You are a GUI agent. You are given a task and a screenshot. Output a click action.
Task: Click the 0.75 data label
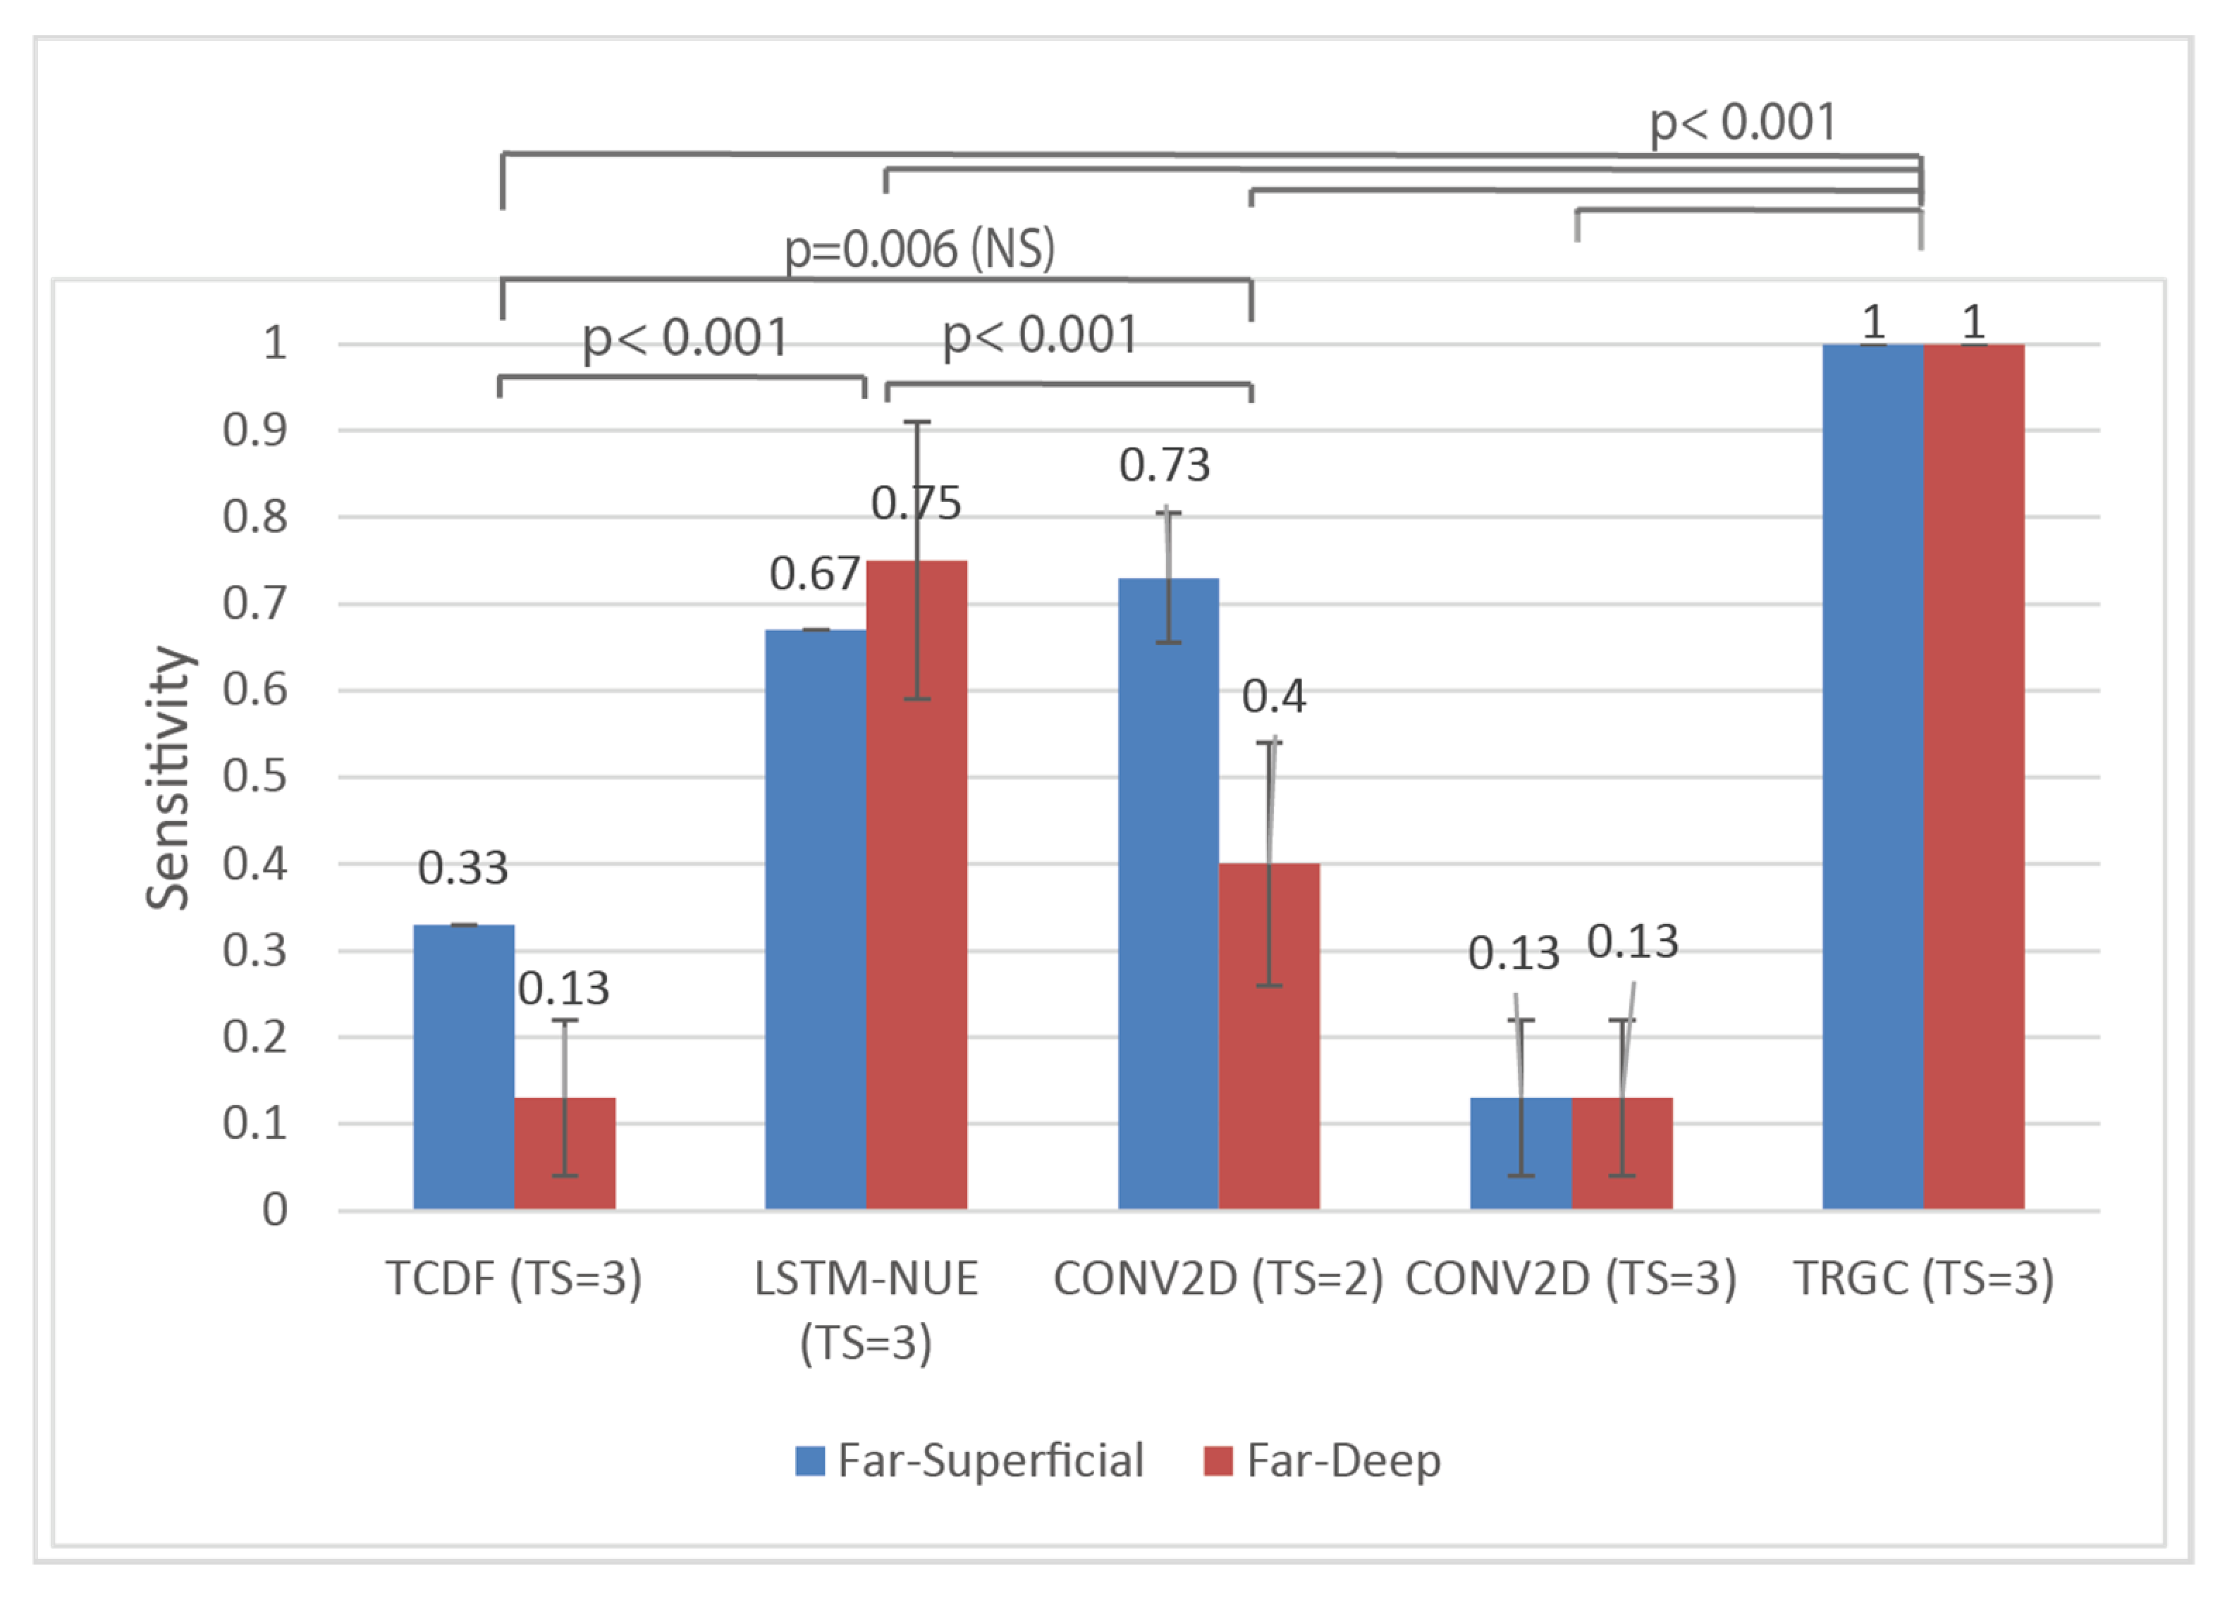(916, 503)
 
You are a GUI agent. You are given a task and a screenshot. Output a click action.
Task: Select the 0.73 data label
(1164, 465)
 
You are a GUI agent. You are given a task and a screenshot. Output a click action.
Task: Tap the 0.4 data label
(1273, 696)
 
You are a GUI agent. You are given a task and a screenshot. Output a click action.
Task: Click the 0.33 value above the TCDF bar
(462, 868)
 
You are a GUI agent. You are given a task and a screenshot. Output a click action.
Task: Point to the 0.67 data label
(814, 573)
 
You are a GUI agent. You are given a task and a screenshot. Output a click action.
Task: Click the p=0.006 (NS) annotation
(919, 248)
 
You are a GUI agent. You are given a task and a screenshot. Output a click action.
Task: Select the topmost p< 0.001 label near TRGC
(1742, 123)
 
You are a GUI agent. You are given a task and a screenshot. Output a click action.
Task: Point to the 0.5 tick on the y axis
(255, 776)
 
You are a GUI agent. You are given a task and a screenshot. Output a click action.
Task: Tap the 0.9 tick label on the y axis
(255, 430)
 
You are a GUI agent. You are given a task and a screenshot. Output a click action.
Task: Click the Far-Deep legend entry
(1322, 1460)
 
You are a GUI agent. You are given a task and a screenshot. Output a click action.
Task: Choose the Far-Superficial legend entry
(970, 1460)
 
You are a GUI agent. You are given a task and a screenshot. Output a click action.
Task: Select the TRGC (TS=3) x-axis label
(1923, 1278)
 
